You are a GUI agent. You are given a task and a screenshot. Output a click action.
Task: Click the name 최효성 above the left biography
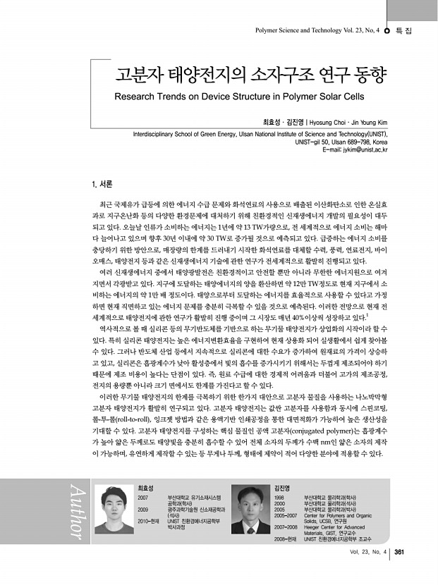[x=145, y=488]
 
